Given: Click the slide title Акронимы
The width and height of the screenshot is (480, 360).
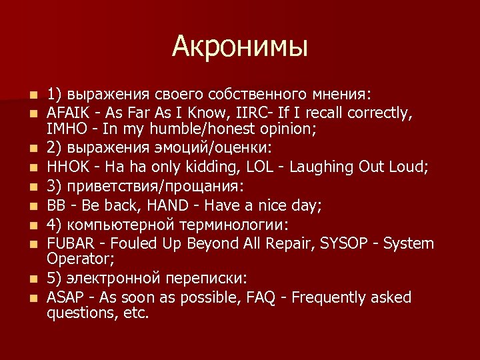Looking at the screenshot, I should (x=240, y=46).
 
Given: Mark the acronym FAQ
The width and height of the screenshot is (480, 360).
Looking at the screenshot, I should (x=265, y=298).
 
